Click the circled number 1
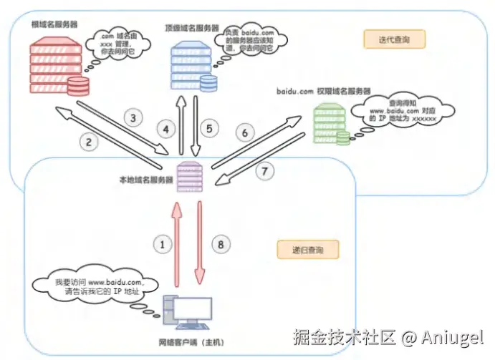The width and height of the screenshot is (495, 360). pos(164,244)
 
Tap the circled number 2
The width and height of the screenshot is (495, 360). pos(89,141)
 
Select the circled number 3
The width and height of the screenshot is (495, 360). pos(131,117)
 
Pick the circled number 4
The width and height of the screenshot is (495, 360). pos(167,130)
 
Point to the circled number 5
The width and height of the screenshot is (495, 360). pos(209,130)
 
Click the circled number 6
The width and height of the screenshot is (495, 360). pos(245,133)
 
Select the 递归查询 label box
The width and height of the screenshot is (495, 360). pos(307,250)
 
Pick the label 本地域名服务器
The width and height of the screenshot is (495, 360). pos(146,181)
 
